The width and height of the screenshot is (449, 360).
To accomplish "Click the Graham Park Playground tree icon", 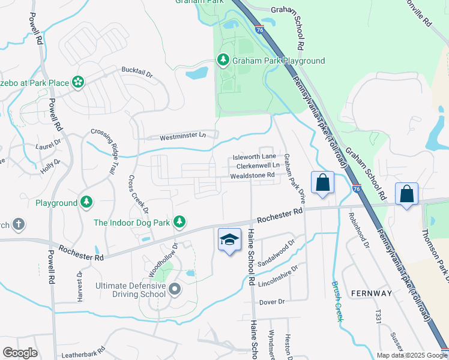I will pyautogui.click(x=223, y=60).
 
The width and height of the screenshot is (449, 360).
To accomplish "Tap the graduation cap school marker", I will pyautogui.click(x=229, y=240).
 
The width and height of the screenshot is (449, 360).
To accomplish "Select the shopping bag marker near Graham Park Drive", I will pyautogui.click(x=322, y=182).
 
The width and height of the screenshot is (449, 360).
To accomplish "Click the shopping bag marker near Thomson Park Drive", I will pyautogui.click(x=406, y=194).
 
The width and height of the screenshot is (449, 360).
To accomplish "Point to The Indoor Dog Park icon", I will pyautogui.click(x=179, y=222).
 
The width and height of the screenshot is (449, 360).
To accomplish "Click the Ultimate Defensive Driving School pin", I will pyautogui.click(x=175, y=289).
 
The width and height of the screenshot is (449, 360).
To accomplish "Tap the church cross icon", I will pyautogui.click(x=19, y=224).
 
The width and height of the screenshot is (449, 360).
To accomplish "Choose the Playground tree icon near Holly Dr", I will pyautogui.click(x=87, y=203).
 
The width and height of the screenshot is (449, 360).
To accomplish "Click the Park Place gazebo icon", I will pyautogui.click(x=77, y=82).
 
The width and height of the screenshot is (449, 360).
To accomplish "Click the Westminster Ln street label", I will pyautogui.click(x=182, y=137).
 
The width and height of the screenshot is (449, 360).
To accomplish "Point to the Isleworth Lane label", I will pyautogui.click(x=255, y=157).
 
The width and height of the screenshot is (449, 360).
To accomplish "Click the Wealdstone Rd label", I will pyautogui.click(x=252, y=176).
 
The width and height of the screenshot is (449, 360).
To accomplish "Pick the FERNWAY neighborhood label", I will pyautogui.click(x=372, y=293).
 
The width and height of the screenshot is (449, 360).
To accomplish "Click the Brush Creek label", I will pyautogui.click(x=337, y=301).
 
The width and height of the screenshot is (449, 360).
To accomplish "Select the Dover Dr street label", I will pyautogui.click(x=271, y=301).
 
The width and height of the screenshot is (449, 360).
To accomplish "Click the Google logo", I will pyautogui.click(x=20, y=353).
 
